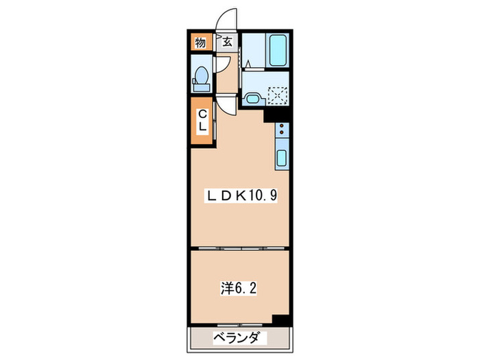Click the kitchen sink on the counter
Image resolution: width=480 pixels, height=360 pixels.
[x=282, y=159]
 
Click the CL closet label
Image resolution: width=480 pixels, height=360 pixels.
[x=203, y=121]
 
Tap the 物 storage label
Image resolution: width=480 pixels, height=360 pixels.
[x=200, y=43]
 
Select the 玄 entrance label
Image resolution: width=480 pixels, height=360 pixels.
[x=227, y=43]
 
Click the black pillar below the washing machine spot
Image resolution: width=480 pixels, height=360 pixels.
[x=280, y=115]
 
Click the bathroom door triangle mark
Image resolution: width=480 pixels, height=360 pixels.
[x=248, y=65]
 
